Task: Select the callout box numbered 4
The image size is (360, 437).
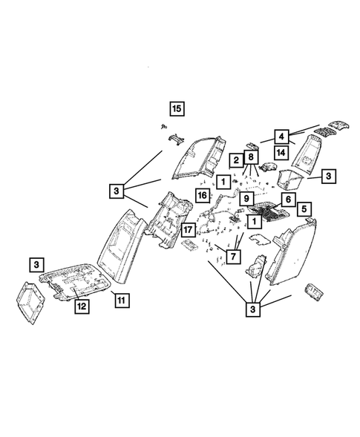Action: (x=282, y=136)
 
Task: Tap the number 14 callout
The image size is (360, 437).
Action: (x=282, y=152)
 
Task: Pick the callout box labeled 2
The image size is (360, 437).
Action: (x=235, y=160)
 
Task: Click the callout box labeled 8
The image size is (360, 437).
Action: (x=251, y=157)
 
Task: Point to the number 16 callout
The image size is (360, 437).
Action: (x=201, y=194)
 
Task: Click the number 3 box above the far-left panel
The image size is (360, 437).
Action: (x=37, y=263)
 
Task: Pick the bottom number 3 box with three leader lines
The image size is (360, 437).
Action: (x=254, y=308)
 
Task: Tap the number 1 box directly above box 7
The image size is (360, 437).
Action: (x=254, y=221)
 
